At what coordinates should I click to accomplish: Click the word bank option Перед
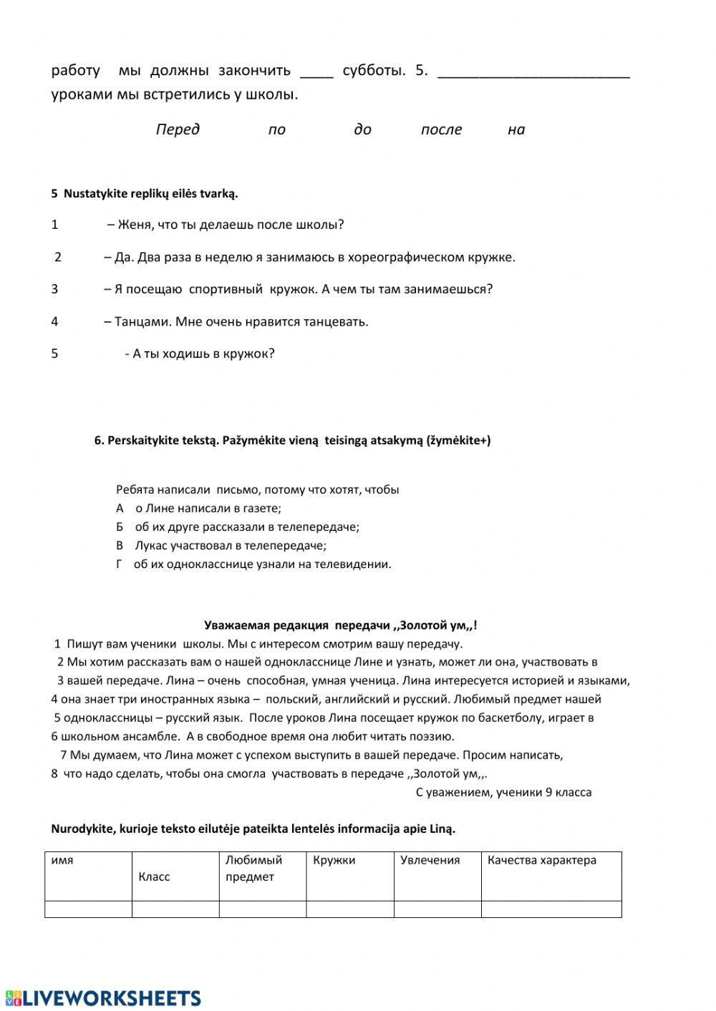[x=178, y=130]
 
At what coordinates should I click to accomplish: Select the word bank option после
[x=441, y=130]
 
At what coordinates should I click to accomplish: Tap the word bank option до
[x=362, y=130]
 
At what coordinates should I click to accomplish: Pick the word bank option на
[x=516, y=130]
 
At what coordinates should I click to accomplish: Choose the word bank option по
[x=276, y=130]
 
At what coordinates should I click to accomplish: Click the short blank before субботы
[x=316, y=72]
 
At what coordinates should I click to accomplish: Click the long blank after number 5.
[x=533, y=72]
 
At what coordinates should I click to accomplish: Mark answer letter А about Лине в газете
[x=120, y=509]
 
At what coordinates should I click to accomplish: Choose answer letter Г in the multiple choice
[x=120, y=565]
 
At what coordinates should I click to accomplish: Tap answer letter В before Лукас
[x=120, y=546]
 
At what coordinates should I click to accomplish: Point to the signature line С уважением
[x=503, y=792]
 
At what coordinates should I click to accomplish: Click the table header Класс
[x=154, y=876]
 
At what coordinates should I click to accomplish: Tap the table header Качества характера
[x=541, y=860]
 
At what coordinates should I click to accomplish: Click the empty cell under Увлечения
[x=437, y=909]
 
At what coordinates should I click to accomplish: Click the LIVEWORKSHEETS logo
[x=102, y=998]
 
